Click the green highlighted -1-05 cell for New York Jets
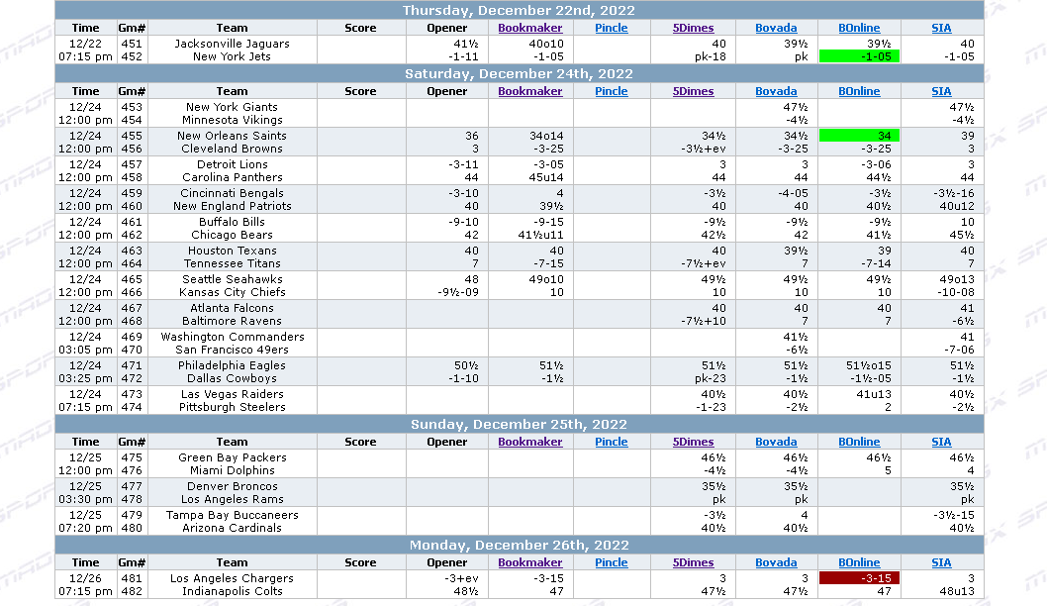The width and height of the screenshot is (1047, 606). click(859, 56)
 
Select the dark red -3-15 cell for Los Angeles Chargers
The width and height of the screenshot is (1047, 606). click(859, 578)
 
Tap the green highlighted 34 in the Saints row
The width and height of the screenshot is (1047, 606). click(859, 136)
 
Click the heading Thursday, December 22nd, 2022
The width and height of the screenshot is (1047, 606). click(519, 10)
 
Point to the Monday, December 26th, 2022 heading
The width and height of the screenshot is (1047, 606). click(519, 545)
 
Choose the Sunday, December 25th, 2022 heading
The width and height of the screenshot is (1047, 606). click(519, 424)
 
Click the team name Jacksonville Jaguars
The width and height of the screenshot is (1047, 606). click(233, 44)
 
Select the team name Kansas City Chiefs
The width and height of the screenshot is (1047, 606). click(233, 292)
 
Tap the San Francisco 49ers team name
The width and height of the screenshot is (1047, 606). click(233, 350)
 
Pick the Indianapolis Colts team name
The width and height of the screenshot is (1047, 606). click(233, 591)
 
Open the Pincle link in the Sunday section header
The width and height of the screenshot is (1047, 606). click(612, 442)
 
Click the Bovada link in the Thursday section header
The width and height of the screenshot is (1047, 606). click(776, 28)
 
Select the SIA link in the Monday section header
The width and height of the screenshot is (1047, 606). click(941, 562)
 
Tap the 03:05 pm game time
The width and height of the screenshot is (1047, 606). click(85, 350)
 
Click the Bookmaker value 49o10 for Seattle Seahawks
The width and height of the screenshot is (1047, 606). click(545, 279)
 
